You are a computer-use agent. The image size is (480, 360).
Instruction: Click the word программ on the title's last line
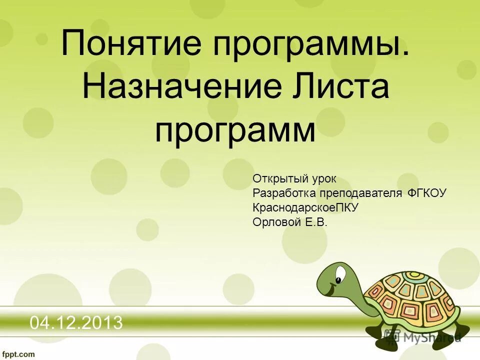tap(235, 131)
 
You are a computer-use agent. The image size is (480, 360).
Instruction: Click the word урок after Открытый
tap(322, 179)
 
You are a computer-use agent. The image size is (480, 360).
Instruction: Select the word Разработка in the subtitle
tap(281, 193)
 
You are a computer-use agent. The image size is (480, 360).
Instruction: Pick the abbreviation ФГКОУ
tap(427, 193)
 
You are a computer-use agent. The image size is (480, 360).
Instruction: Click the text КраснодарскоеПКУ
tap(305, 207)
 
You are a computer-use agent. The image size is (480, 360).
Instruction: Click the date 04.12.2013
tap(76, 323)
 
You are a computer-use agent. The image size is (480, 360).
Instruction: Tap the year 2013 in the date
tap(103, 323)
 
